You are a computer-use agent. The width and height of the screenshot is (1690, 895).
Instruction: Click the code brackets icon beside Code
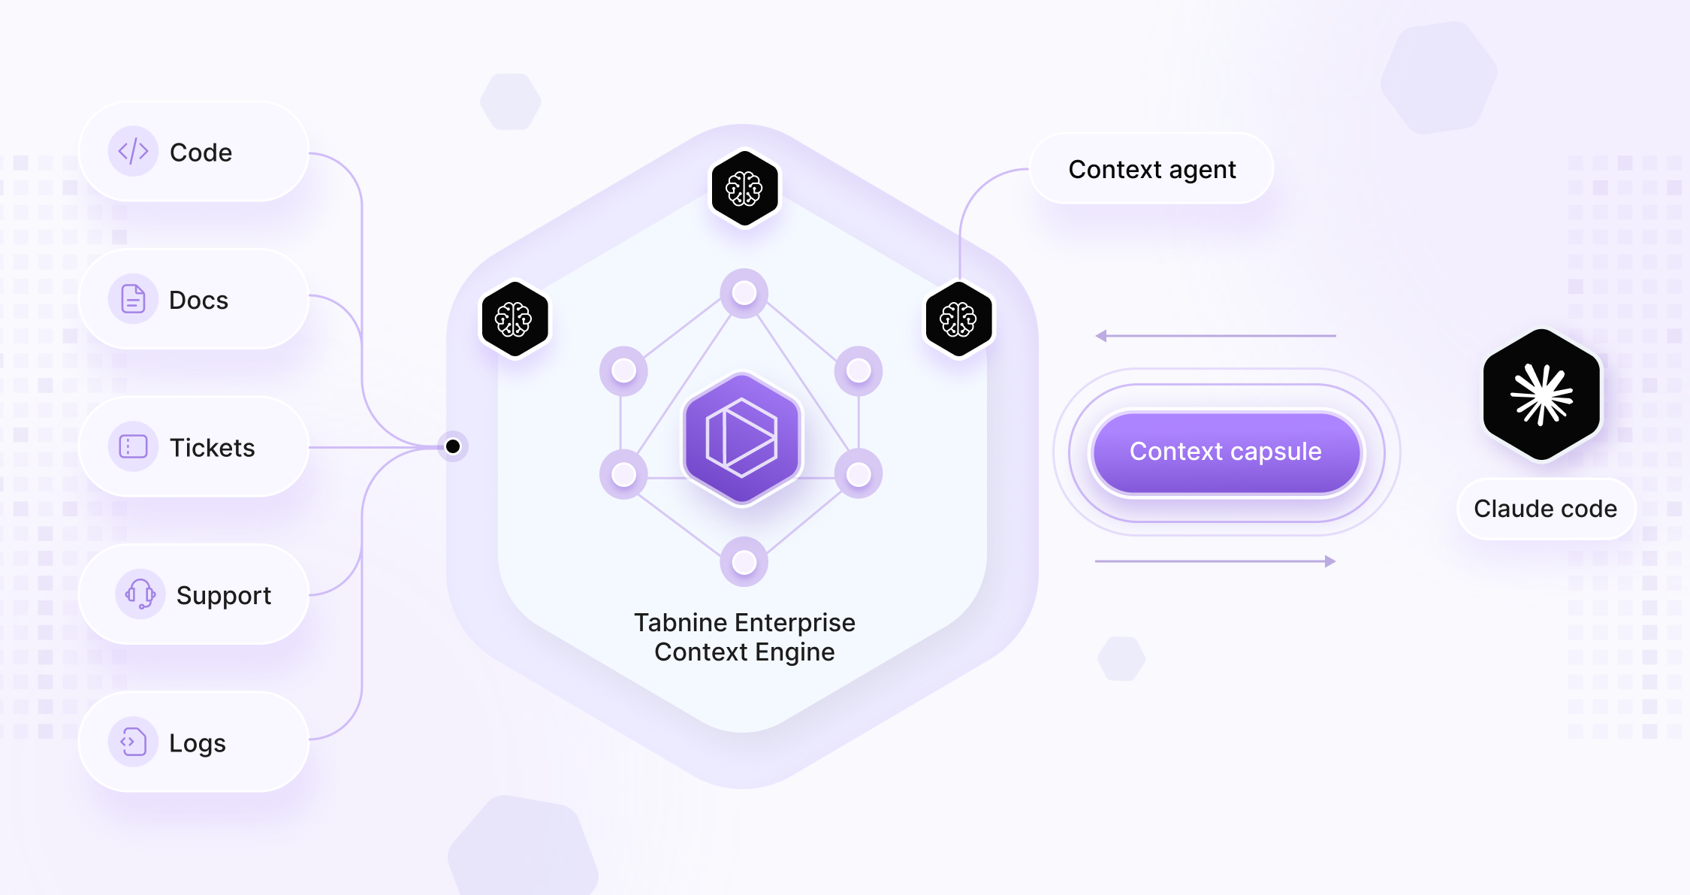133,151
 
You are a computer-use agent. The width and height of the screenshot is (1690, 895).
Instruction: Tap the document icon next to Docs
133,299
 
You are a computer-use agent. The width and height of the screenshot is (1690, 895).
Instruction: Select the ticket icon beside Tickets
133,447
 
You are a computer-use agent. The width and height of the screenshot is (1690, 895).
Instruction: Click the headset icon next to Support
140,594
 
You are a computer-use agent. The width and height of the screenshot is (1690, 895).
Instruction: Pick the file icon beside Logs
133,742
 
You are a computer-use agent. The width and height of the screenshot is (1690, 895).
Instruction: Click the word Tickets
212,448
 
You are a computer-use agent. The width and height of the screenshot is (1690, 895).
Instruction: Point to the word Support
223,595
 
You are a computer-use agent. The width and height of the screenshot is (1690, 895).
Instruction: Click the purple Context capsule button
1226,452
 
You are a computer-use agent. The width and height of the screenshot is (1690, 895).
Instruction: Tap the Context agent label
1151,170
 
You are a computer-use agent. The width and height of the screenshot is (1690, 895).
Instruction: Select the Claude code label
1545,509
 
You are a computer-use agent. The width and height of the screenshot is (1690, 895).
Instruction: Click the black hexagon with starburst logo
1541,395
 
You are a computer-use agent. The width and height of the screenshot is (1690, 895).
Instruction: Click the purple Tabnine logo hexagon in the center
742,438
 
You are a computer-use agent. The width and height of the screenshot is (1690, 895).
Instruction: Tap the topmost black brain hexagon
744,188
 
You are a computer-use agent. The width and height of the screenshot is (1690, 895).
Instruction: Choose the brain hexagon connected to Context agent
958,319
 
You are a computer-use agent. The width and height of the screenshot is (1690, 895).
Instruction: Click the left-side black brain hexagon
514,319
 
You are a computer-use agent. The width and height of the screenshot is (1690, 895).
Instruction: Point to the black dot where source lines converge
453,447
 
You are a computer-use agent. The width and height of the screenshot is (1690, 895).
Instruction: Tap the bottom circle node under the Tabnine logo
744,562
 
